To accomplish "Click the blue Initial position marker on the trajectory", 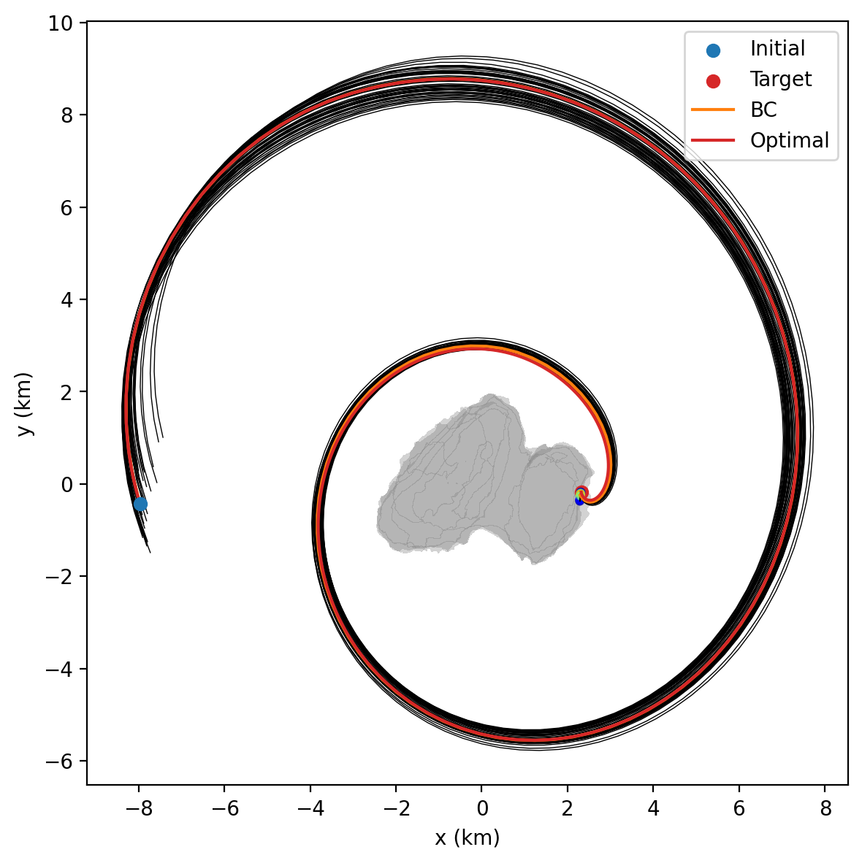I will coord(140,504).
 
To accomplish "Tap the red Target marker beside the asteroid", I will coord(582,492).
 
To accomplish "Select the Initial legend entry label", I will coord(777,49).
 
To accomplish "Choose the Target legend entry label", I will coord(780,80).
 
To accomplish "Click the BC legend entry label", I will coord(763,110).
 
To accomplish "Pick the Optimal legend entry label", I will coord(789,141).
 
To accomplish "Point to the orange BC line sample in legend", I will coord(713,110).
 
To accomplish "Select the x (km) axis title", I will coord(468,838).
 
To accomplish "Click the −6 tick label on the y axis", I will coord(63,762).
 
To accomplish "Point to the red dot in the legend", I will coord(713,80).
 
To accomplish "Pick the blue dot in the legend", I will coord(713,50).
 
